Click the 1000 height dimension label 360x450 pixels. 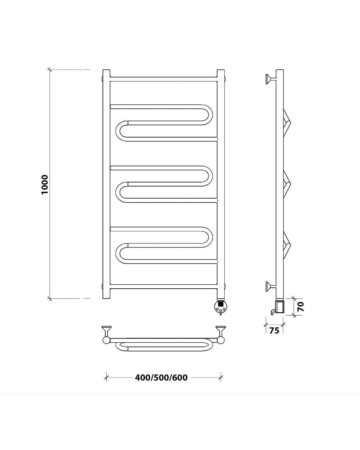pyautogui.click(x=45, y=185)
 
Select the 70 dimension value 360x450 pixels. pyautogui.click(x=301, y=307)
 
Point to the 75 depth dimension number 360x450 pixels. pyautogui.click(x=274, y=330)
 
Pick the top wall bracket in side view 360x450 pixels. pyautogui.click(x=271, y=79)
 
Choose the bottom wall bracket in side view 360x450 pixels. pyautogui.click(x=271, y=286)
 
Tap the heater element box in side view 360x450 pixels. pyautogui.click(x=280, y=307)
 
